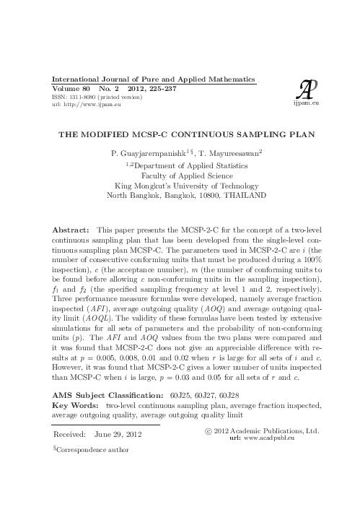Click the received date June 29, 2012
pos(118,434)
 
